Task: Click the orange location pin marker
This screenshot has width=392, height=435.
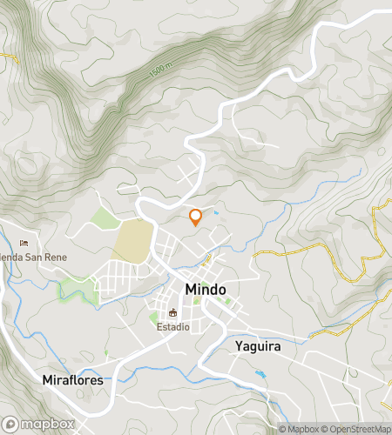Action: coord(195,217)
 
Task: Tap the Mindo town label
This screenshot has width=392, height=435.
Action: coord(206,289)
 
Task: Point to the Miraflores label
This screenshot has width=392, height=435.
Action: coord(72,380)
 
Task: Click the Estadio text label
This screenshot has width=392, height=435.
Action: coord(173,327)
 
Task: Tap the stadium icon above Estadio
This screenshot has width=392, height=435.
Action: coord(172,313)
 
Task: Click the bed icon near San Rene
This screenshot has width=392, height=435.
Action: coord(24,243)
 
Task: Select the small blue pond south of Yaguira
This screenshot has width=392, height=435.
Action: coord(260,374)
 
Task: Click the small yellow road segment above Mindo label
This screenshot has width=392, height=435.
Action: coord(206,258)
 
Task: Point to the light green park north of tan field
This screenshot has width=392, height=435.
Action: coord(105,219)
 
